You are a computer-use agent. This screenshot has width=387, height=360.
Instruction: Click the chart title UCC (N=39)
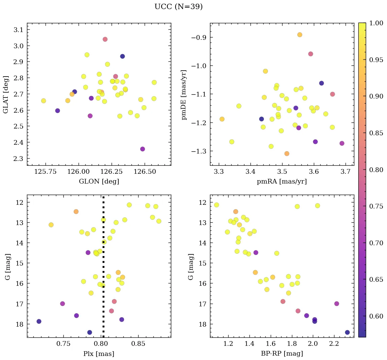(178, 7)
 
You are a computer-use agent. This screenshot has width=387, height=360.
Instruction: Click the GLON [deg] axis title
(99, 182)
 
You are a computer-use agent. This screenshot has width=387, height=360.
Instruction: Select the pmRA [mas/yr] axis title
(282, 182)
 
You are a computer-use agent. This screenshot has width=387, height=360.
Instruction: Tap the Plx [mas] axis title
(99, 354)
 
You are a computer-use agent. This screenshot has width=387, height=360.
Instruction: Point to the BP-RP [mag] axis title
(282, 354)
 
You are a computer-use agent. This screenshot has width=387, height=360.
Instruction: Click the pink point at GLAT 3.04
(105, 39)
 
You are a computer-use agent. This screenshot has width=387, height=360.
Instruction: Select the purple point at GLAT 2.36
(143, 149)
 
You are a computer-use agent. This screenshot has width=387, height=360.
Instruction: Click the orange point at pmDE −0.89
(300, 35)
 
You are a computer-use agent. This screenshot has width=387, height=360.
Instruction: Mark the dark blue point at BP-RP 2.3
(347, 332)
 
